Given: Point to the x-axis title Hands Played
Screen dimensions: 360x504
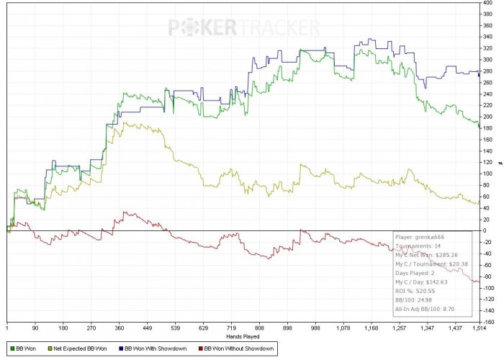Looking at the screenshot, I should coord(242,336).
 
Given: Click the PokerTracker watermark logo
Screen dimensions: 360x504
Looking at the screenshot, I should coord(244,27).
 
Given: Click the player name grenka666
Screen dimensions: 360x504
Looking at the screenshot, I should coord(428,236).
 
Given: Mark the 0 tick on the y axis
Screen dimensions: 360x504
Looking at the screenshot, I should coord(487,230).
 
